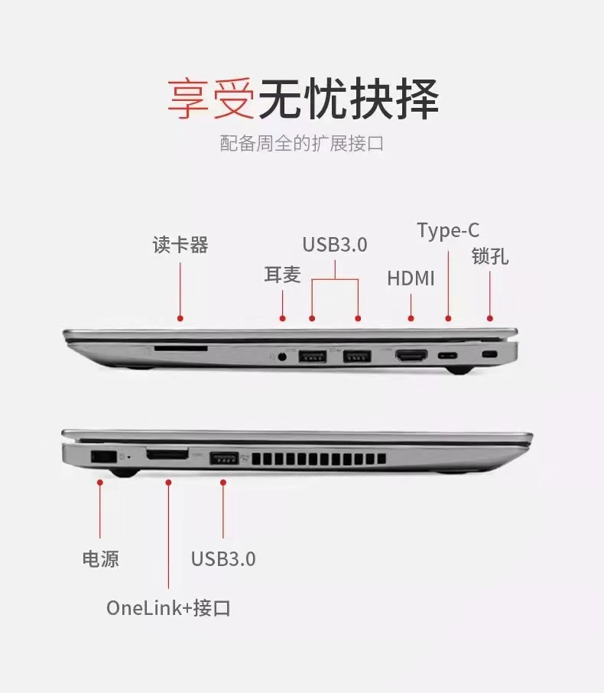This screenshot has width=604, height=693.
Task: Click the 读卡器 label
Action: tap(180, 245)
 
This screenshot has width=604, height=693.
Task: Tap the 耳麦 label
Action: tap(282, 275)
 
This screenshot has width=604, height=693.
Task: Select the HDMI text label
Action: tap(411, 278)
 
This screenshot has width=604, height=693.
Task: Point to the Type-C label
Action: tap(448, 231)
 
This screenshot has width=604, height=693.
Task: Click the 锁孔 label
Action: tap(490, 256)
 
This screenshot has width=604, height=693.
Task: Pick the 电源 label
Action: tap(101, 558)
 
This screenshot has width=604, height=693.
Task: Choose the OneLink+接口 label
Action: tap(168, 607)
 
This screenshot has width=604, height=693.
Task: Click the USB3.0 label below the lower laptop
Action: tap(223, 559)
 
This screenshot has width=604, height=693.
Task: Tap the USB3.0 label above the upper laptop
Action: tap(335, 245)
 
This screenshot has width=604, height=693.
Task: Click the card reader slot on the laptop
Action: tap(180, 349)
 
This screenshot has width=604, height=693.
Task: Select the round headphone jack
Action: tap(283, 356)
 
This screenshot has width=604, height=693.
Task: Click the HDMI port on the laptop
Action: tap(411, 355)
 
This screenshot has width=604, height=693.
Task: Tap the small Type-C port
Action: tap(448, 356)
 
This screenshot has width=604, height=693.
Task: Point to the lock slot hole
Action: tap(489, 354)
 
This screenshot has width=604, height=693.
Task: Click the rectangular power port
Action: tap(103, 457)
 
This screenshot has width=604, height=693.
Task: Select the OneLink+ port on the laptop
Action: tap(167, 454)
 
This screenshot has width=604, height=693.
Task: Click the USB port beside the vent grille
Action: tap(224, 458)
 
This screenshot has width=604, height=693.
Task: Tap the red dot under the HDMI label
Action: tap(411, 318)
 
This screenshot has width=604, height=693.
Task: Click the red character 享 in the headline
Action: tap(189, 99)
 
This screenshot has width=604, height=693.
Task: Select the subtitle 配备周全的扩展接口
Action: tap(302, 144)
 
